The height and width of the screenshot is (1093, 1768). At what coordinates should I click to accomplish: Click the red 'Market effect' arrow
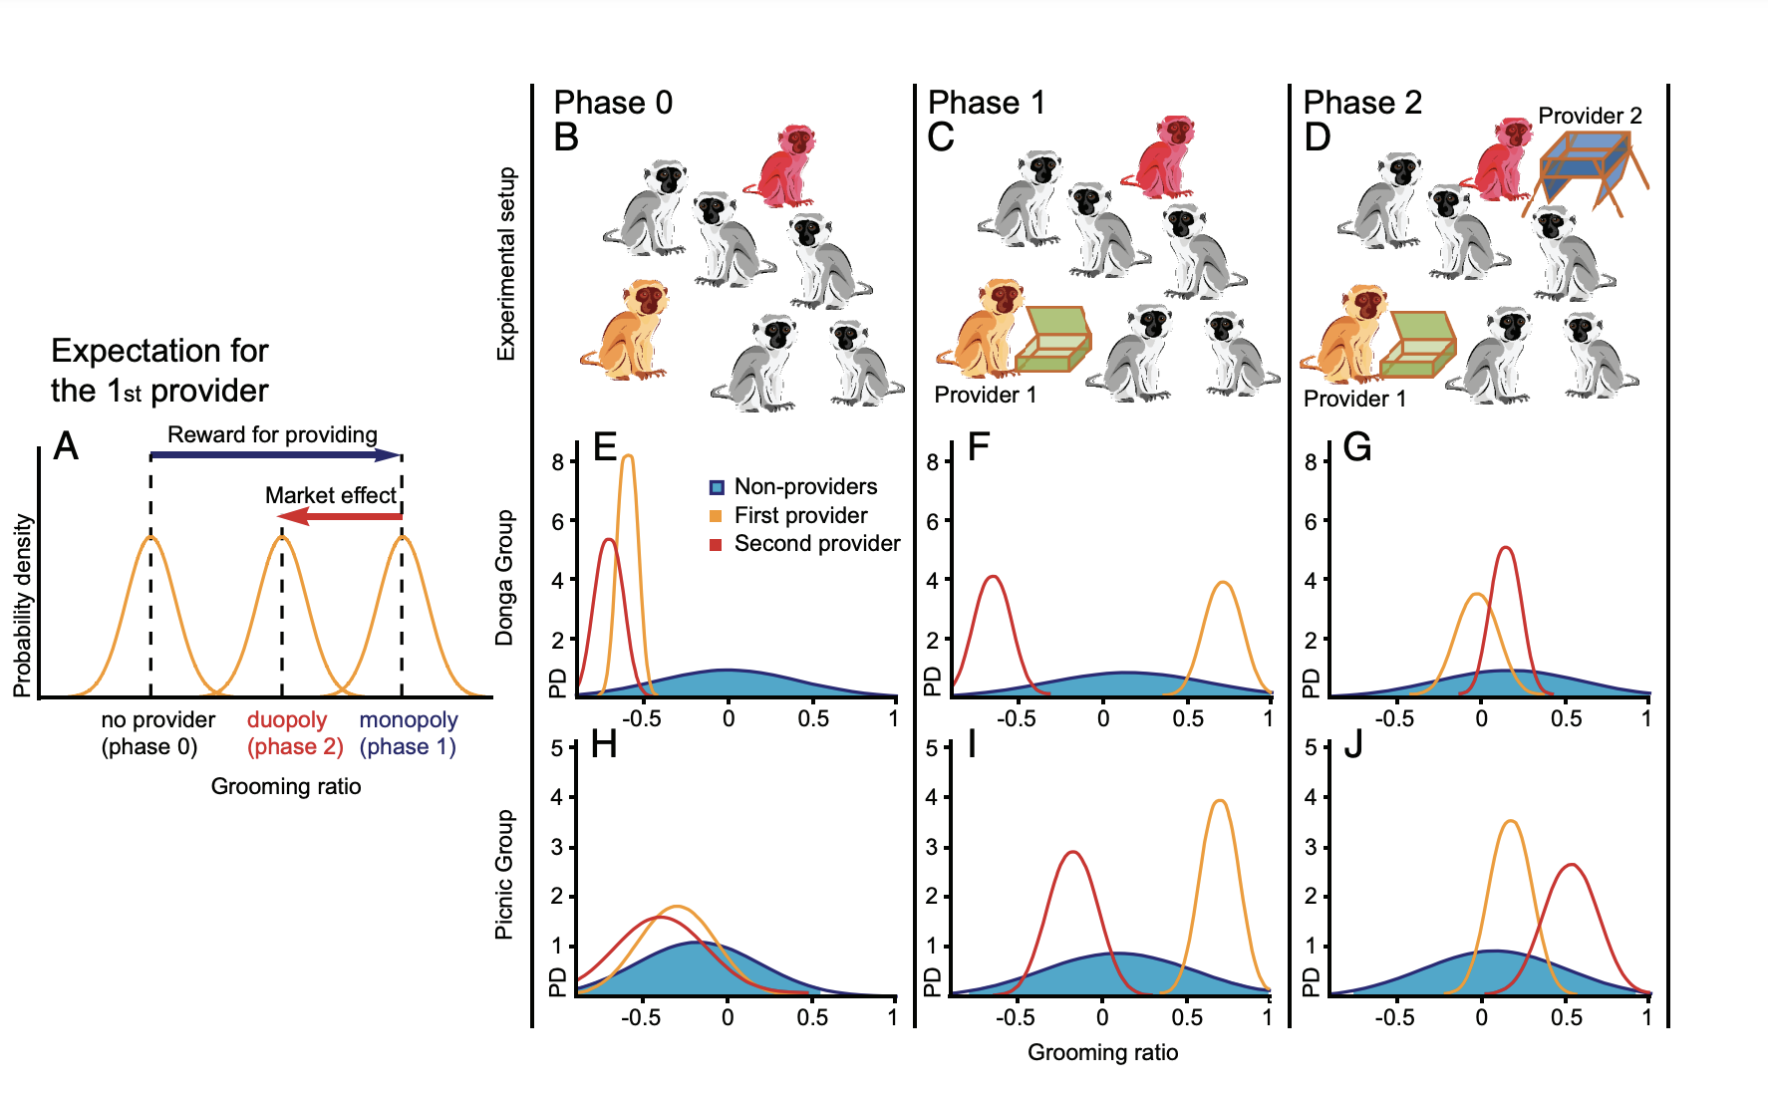pos(339,516)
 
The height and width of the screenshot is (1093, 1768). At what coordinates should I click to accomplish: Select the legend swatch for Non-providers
pos(716,487)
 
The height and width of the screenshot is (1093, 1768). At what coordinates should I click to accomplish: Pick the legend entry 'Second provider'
pos(816,544)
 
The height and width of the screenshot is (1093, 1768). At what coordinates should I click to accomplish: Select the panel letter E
pos(604,447)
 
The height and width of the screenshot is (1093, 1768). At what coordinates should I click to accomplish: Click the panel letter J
pos(1352,744)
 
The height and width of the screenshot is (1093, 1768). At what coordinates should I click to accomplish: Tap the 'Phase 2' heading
pos(1362,103)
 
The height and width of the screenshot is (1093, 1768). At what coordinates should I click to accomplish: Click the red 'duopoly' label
pos(287,719)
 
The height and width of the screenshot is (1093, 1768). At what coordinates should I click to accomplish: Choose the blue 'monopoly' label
pos(409,719)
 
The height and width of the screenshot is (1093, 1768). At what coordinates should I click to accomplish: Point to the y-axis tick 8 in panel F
pos(932,462)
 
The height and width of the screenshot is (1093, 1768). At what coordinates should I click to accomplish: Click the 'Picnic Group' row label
pos(505,874)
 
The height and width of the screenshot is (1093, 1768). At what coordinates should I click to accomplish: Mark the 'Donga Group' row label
pos(505,578)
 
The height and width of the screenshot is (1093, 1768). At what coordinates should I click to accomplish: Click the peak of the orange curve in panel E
pos(628,456)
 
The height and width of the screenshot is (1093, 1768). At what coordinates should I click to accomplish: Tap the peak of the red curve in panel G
pos(1506,548)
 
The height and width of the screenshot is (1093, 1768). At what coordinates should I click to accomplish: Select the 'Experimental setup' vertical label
pos(507,264)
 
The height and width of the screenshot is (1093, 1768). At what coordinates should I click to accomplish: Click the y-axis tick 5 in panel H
pos(557,748)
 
